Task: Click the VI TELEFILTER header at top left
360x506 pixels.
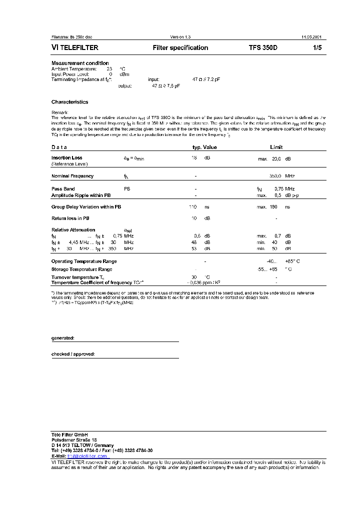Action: click(75, 48)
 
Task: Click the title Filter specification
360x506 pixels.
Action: click(180, 48)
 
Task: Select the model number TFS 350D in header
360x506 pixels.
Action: click(266, 48)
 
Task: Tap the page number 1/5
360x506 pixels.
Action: click(317, 48)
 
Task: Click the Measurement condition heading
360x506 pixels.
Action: click(80, 63)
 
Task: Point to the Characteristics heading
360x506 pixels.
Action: click(69, 102)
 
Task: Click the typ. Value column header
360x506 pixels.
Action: click(205, 147)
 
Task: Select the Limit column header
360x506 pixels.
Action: click(276, 147)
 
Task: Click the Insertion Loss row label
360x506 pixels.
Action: click(67, 158)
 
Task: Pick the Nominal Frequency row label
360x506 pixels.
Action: click(72, 176)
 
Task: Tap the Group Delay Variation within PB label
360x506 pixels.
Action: click(85, 207)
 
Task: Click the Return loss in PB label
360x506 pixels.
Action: click(70, 218)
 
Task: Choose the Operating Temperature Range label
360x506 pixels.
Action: click(84, 261)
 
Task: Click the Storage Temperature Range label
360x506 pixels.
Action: click(81, 269)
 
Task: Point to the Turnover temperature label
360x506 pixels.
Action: click(77, 277)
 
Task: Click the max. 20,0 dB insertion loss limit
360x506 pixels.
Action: click(273, 158)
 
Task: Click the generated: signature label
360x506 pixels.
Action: click(63, 338)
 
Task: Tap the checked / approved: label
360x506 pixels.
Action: click(73, 354)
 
